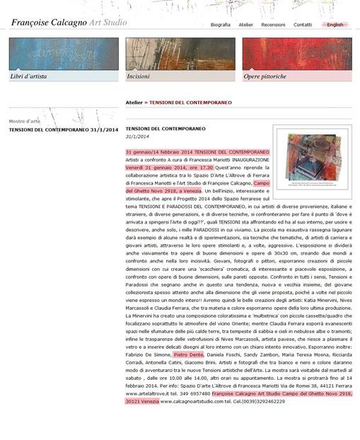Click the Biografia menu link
(220, 25)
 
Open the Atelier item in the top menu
(245, 25)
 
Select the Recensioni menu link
(273, 25)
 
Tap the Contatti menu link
(302, 25)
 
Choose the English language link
(335, 25)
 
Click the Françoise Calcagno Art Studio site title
(69, 23)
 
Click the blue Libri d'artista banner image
(64, 54)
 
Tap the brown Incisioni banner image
(180, 54)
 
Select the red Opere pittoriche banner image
(296, 54)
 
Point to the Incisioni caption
(138, 76)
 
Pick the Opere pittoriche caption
(265, 76)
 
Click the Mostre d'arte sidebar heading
(24, 121)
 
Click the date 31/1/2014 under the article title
(137, 136)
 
